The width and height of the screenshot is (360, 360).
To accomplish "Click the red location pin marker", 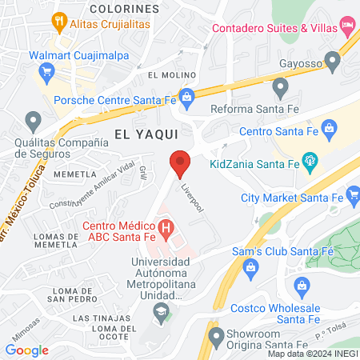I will (180, 162).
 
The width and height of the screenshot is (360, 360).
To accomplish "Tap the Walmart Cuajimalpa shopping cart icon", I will (46, 71).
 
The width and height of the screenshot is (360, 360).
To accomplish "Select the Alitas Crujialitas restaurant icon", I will (58, 20).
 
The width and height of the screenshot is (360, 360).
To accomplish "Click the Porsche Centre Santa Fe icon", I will (186, 98).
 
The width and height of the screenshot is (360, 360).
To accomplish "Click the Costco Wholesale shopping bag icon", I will (302, 285).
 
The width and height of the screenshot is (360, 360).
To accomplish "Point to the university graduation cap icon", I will (162, 310).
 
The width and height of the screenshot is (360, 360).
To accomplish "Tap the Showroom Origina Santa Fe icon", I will (214, 334).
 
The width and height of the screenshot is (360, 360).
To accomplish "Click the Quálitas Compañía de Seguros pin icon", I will (34, 122).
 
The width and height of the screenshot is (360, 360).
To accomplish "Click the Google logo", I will (27, 350).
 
